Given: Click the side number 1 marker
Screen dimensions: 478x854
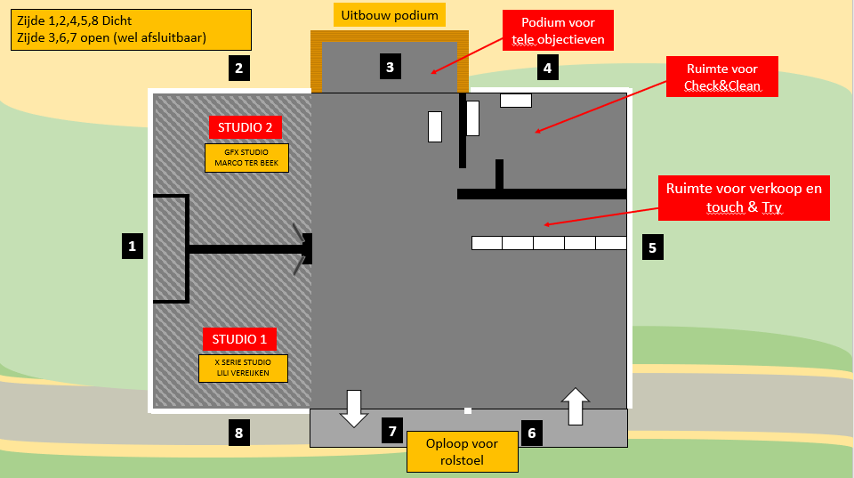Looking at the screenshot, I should (x=132, y=246).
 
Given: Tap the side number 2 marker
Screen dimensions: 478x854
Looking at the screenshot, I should (x=238, y=68).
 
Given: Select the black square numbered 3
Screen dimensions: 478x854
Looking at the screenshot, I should (x=389, y=65).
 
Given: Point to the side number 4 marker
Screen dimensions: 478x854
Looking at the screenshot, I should (x=547, y=67).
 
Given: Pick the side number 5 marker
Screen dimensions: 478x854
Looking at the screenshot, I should (x=652, y=247).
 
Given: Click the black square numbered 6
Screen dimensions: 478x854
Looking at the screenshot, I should (x=532, y=433).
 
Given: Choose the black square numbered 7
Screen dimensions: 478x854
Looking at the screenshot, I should (x=392, y=432).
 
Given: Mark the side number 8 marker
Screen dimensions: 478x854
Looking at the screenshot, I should (x=238, y=433).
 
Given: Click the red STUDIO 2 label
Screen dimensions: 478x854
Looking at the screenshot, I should (x=245, y=127).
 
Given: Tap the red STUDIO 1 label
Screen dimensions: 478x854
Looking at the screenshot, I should (x=238, y=339).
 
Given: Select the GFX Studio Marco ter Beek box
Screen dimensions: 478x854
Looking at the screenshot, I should (x=246, y=158).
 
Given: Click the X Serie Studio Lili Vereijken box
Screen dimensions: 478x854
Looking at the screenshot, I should (x=244, y=369).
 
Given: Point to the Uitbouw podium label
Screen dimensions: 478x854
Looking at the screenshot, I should (x=390, y=15).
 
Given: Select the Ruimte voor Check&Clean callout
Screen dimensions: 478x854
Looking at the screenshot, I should (x=722, y=77).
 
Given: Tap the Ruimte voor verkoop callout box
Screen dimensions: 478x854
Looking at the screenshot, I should (x=744, y=198).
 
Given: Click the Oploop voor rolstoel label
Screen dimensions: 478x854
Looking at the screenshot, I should (x=462, y=451).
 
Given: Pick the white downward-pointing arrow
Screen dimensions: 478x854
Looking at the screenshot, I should (x=354, y=408).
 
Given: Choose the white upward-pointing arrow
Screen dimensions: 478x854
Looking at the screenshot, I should (x=576, y=405).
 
